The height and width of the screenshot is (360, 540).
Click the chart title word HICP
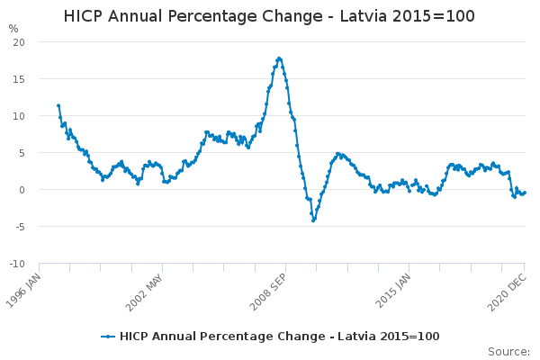[x=85, y=17]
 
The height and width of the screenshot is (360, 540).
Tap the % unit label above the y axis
[x=13, y=29]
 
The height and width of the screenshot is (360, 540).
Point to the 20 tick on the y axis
[x=19, y=42]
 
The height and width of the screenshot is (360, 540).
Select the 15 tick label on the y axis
[x=19, y=79]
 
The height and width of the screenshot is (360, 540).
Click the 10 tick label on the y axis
[x=19, y=116]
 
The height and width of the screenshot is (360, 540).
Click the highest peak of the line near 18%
[x=279, y=58]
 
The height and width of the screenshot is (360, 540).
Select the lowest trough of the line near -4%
[x=313, y=220]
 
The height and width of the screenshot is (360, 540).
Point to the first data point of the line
[x=58, y=105]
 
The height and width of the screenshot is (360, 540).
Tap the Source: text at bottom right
[x=508, y=351]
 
